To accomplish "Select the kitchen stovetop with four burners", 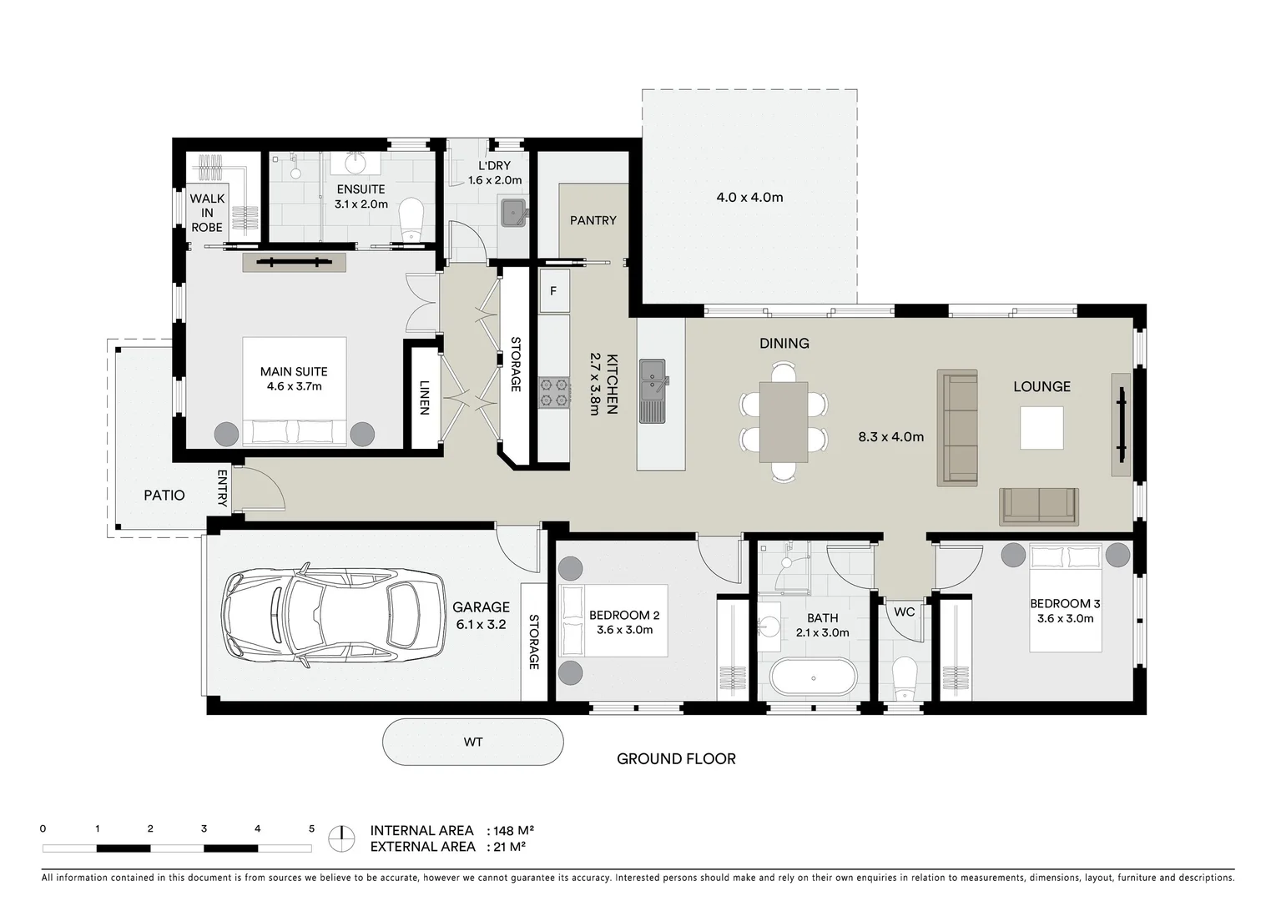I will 553,392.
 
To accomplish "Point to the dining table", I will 783,421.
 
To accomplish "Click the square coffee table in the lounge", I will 1041,428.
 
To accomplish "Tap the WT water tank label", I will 473,742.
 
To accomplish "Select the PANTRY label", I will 593,220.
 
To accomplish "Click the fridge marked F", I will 553,291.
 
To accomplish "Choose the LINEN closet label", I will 424,398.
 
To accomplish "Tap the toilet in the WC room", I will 904,677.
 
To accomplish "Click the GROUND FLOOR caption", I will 676,758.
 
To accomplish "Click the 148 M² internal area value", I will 514,830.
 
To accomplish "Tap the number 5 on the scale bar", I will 311,828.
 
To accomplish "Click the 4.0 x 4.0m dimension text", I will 749,198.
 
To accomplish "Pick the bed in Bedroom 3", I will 1066,599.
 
